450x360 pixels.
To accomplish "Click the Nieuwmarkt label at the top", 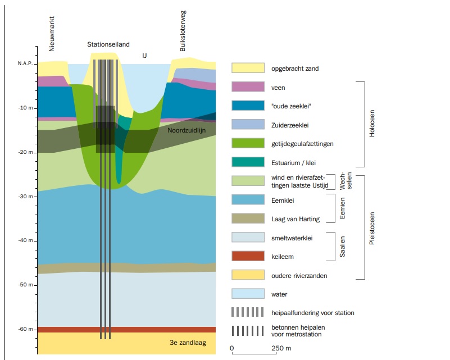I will point(52,34).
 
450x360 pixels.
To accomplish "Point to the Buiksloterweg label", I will point(183,37).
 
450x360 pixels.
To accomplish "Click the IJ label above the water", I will point(145,55).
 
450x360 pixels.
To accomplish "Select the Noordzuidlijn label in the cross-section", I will point(187,130).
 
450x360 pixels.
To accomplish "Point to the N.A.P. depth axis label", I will point(25,63).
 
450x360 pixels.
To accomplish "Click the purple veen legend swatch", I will point(248,87).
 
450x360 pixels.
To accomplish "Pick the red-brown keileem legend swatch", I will point(248,256).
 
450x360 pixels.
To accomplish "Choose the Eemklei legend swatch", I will point(248,199).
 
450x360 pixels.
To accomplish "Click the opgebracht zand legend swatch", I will point(248,68).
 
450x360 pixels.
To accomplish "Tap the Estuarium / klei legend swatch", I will point(248,162).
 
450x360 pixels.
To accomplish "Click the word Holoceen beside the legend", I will point(371,124).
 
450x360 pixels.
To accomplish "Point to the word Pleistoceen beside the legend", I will point(371,227).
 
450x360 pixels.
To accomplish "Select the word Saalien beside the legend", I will point(342,247).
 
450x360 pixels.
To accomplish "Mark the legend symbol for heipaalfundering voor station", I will point(248,312).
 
